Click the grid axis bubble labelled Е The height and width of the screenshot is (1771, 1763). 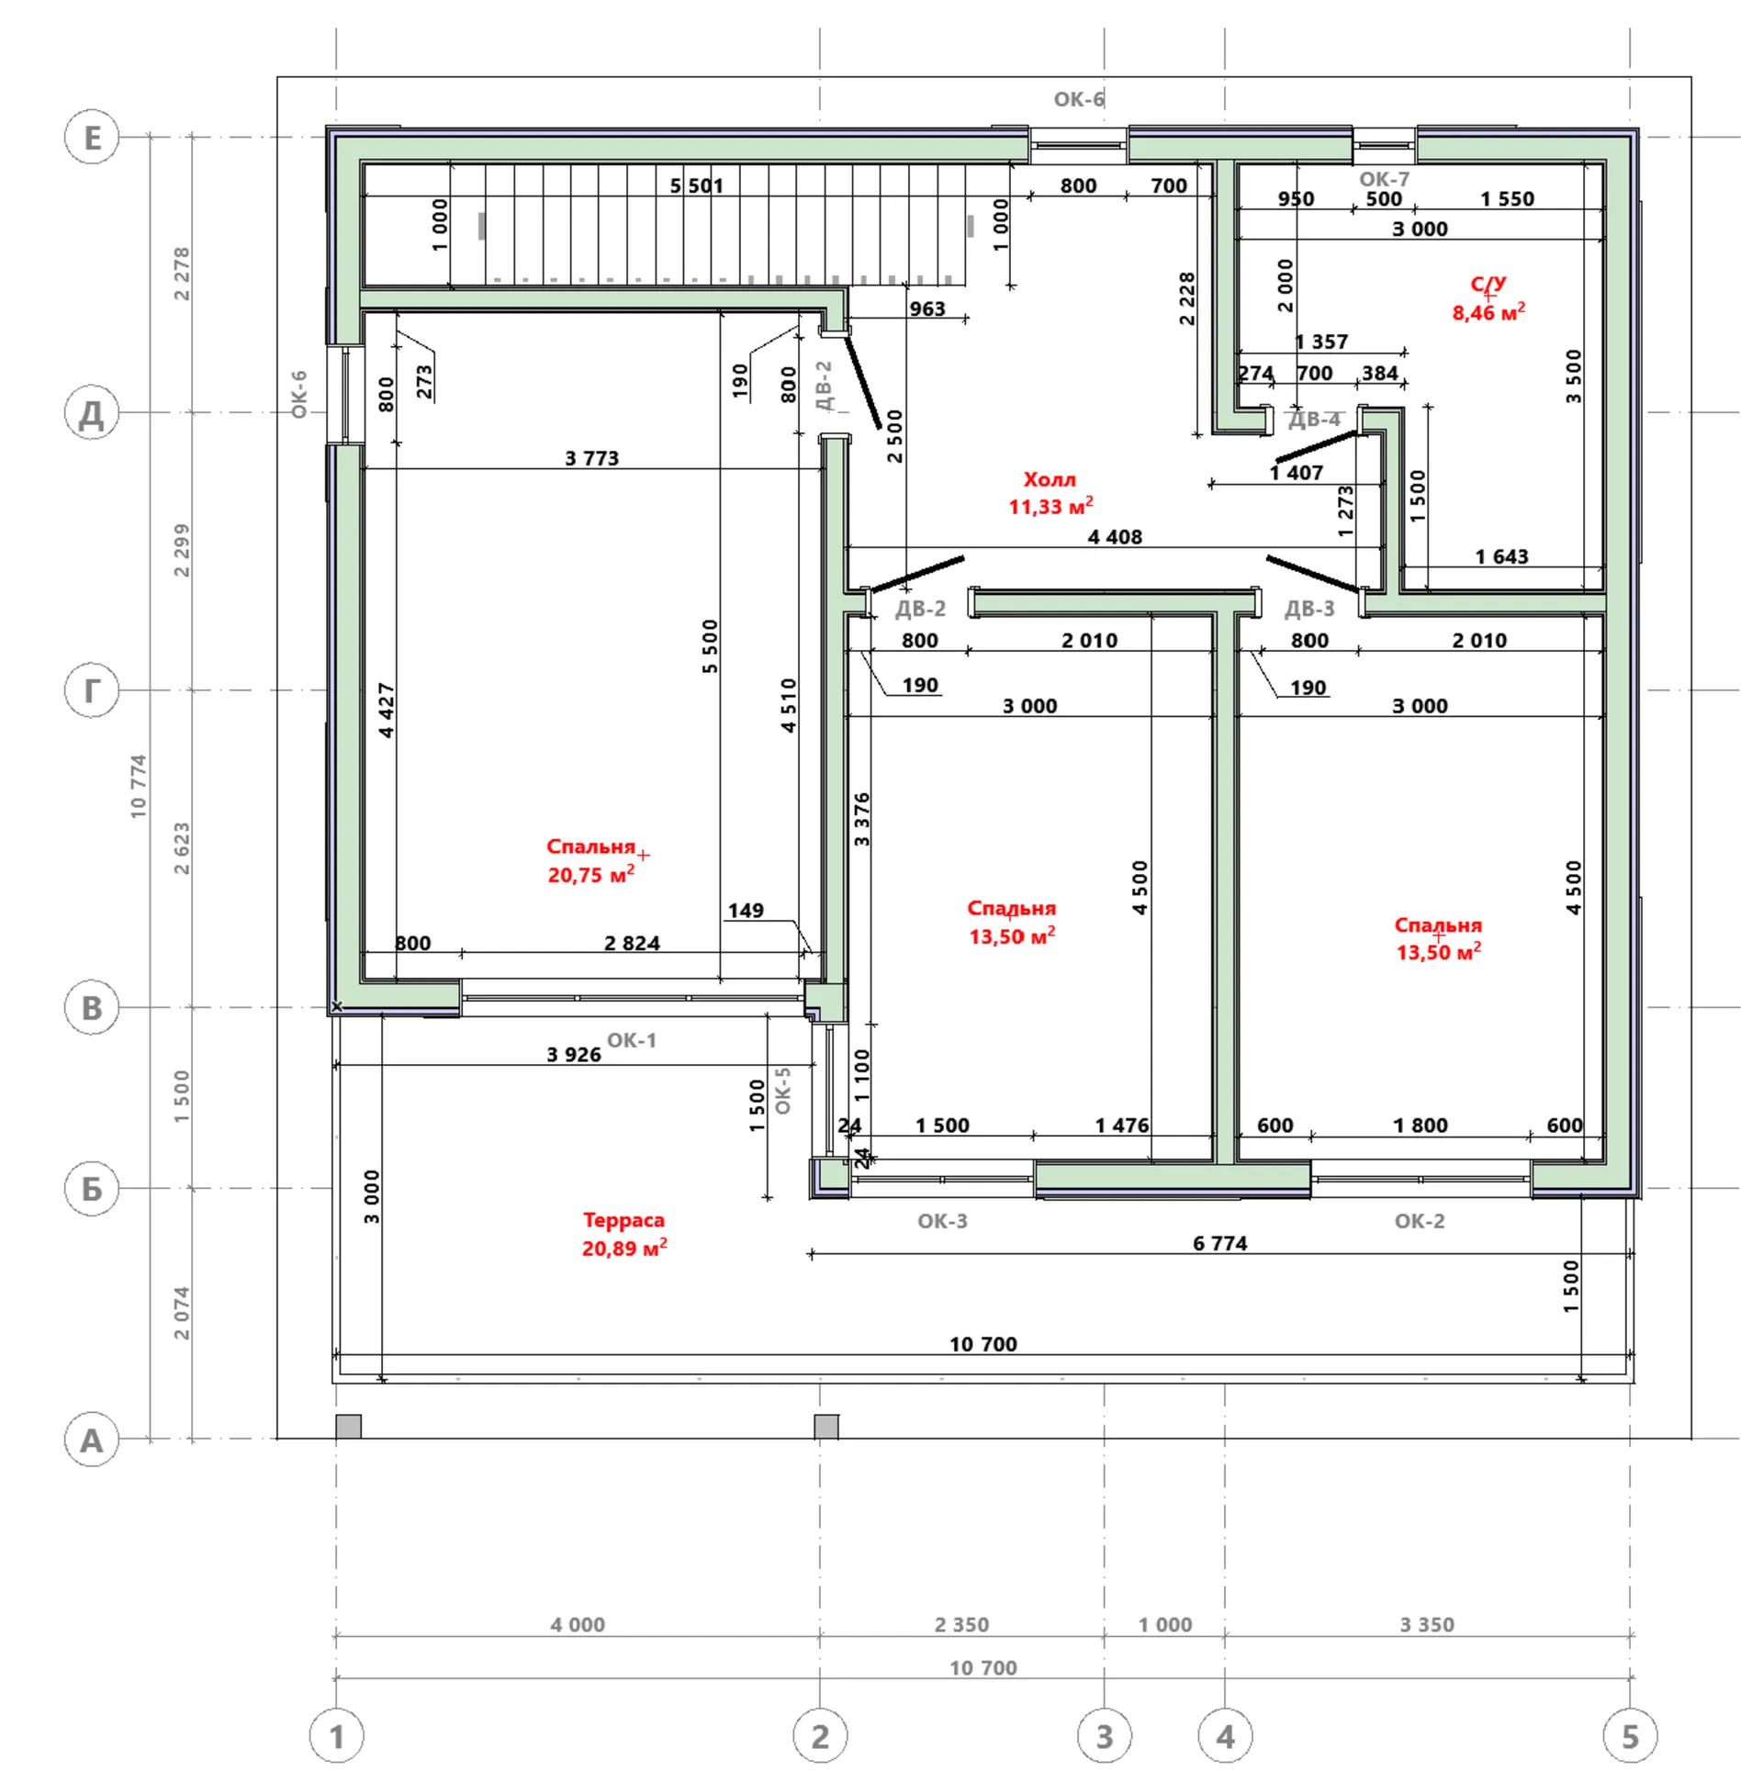point(92,138)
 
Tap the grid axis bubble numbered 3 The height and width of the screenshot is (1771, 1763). point(1104,1736)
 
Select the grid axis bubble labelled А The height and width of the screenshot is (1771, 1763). point(92,1440)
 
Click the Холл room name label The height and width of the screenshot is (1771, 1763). point(1050,479)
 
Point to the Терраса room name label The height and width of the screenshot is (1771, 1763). point(623,1220)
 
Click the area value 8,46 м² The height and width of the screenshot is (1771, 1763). point(1488,312)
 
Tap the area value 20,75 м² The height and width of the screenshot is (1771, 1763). point(591,875)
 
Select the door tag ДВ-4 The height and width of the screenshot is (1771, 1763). point(1314,420)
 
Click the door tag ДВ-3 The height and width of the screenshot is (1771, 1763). point(1309,609)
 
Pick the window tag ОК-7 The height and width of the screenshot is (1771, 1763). point(1384,179)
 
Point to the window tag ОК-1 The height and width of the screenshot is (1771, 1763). point(632,1040)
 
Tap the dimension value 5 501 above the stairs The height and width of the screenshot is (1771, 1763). point(697,185)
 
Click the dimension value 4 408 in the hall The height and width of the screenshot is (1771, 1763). point(1115,537)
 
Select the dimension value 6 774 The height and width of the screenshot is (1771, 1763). point(1220,1243)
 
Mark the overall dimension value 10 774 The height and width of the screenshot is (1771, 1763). point(138,786)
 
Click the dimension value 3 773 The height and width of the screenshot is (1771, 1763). point(592,458)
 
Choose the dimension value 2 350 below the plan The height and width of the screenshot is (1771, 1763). point(962,1624)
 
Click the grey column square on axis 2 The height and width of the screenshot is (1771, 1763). point(826,1427)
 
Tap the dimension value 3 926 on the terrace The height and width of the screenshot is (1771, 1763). point(574,1054)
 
